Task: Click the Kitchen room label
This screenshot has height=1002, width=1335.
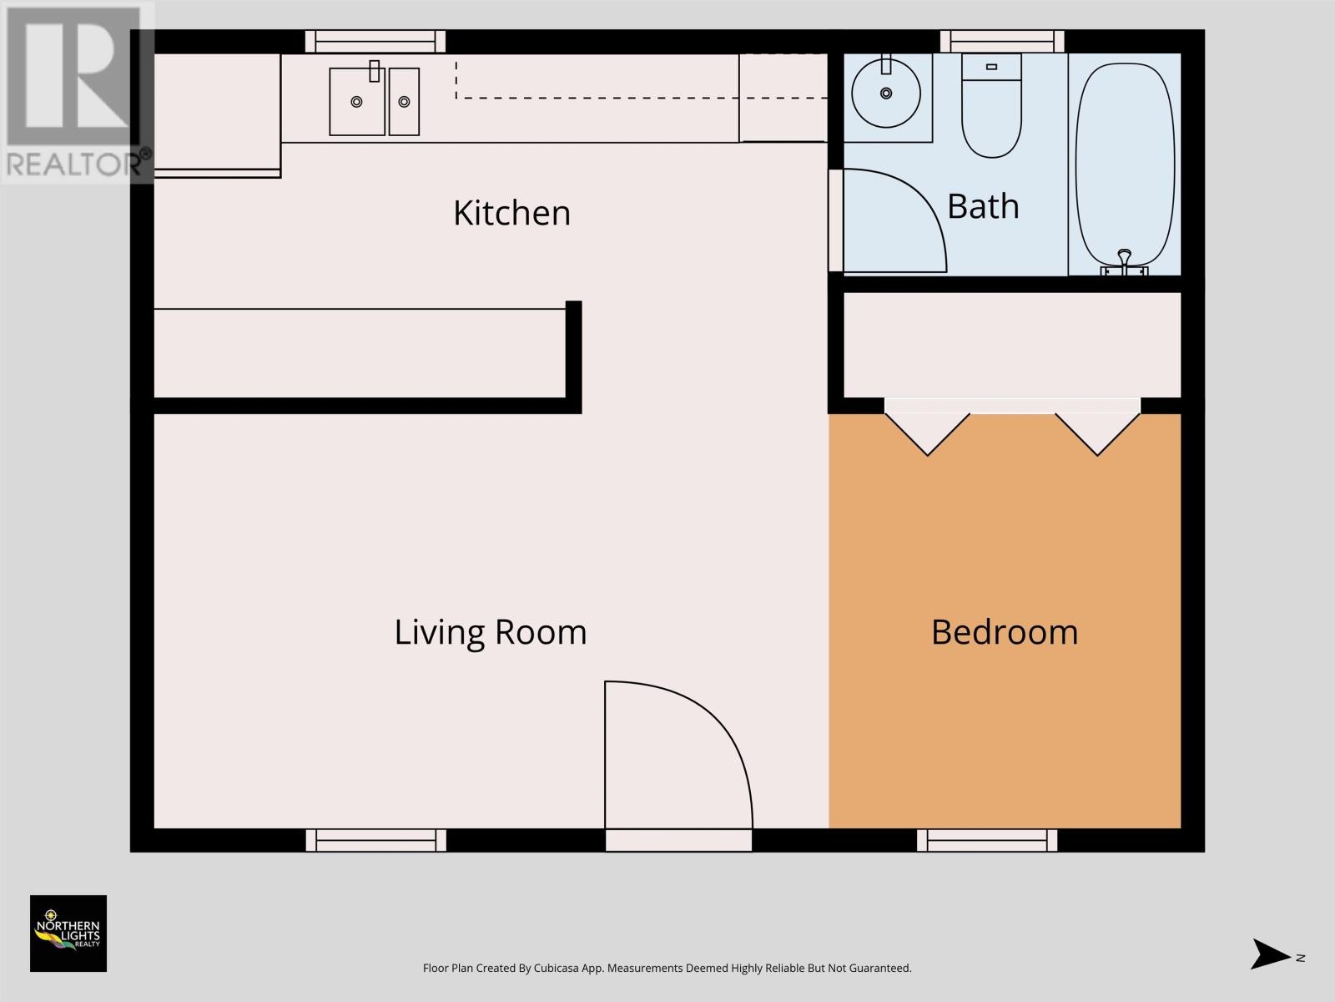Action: point(512,213)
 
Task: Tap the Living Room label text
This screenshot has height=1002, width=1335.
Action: point(491,632)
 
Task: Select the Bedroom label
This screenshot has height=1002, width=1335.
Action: point(1005,632)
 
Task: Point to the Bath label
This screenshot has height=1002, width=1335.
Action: point(983,206)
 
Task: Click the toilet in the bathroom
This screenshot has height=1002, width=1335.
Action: point(991,106)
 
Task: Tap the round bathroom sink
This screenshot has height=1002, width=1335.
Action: point(886,93)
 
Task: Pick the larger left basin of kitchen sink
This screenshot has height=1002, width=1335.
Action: point(357,102)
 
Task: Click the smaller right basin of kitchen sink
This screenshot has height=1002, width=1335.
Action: point(404,102)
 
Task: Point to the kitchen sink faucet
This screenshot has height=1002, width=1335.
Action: point(375,71)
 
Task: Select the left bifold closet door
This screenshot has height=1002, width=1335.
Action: point(927,434)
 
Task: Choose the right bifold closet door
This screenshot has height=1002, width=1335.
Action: point(1097,434)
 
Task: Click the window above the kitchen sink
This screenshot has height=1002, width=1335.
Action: point(375,42)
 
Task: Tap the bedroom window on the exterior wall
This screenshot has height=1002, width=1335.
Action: point(987,840)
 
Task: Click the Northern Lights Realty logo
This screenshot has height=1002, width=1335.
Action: point(68,934)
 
